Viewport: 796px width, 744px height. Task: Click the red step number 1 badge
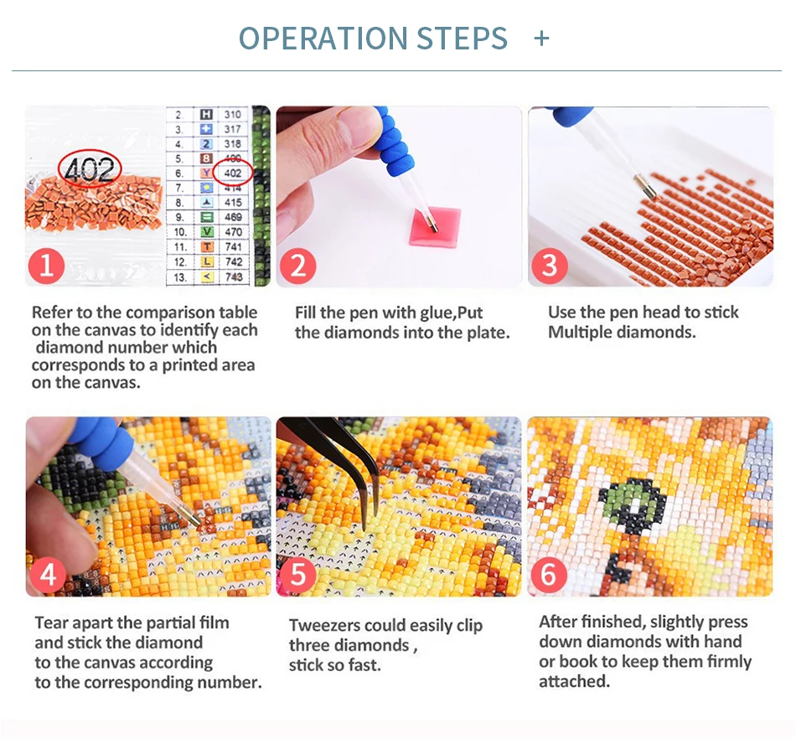(x=46, y=266)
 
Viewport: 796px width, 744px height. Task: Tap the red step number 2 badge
(x=298, y=266)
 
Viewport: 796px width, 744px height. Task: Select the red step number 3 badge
(x=550, y=266)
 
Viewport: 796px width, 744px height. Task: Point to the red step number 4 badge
(x=49, y=575)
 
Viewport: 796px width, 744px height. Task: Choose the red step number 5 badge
(x=298, y=575)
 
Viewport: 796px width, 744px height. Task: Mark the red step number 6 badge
(x=548, y=575)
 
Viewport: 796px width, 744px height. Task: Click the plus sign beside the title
(x=541, y=39)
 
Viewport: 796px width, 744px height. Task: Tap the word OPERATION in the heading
(x=323, y=38)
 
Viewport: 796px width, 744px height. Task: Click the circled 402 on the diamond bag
(x=90, y=168)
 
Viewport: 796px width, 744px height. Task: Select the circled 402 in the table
(x=232, y=173)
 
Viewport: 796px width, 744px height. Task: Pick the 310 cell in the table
(x=232, y=114)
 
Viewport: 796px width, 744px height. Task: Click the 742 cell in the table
(x=234, y=262)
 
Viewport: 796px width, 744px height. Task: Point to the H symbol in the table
(x=206, y=114)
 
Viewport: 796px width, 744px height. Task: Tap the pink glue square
(x=435, y=227)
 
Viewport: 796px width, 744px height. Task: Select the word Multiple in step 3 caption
(x=580, y=333)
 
